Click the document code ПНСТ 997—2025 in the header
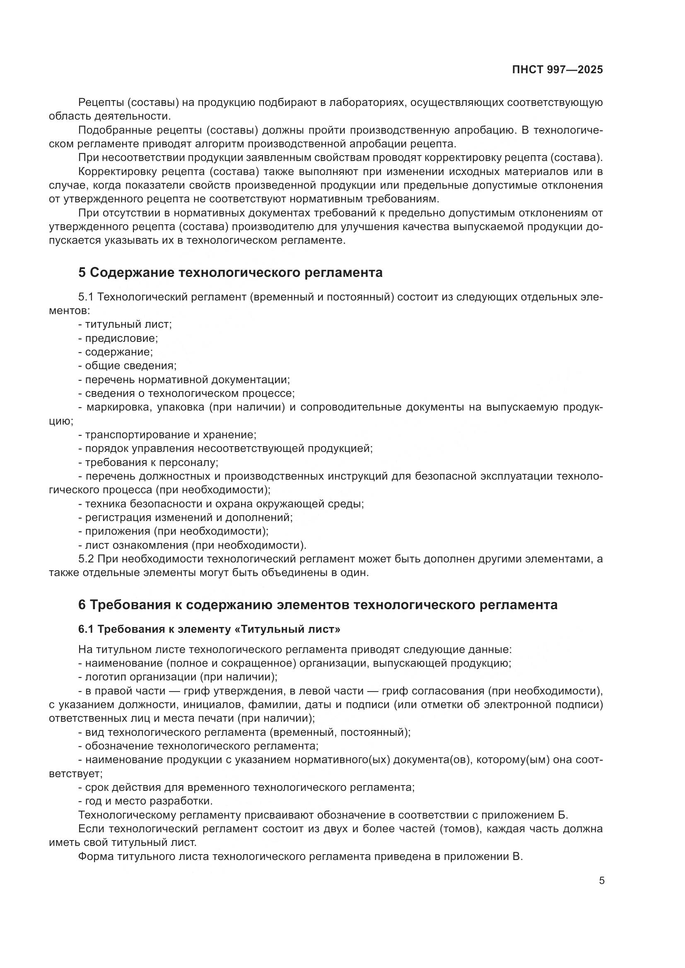click(557, 70)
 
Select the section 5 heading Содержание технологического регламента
click(230, 273)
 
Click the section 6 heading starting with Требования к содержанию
click(318, 605)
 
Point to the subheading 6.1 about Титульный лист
click(209, 629)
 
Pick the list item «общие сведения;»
click(128, 365)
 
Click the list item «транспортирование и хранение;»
click(167, 435)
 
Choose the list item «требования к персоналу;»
click(149, 463)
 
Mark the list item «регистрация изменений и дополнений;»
click(186, 517)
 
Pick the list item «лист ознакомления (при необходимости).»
click(192, 545)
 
